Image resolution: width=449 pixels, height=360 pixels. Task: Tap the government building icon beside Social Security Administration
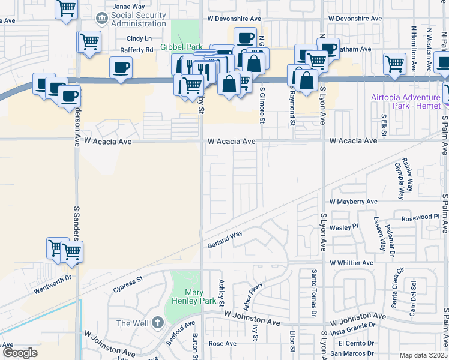(101, 19)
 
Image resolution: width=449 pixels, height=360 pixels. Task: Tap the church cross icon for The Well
(157, 323)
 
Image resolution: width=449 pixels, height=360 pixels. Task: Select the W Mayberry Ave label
(353, 202)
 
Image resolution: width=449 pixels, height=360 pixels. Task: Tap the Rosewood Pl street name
(421, 217)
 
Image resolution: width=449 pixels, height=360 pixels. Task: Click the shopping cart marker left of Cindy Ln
(89, 43)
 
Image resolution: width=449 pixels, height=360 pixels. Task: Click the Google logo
(20, 353)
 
